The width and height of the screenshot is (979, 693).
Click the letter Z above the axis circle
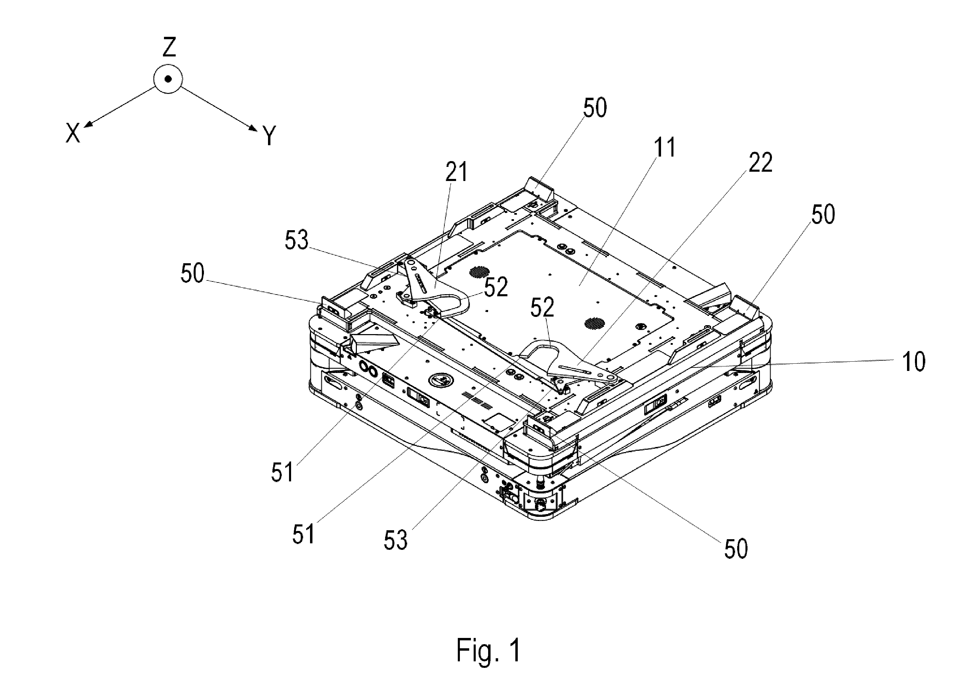click(169, 47)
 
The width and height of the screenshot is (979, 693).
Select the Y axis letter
click(269, 136)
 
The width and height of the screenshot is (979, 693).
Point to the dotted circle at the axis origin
click(168, 79)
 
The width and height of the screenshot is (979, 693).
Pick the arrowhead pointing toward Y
click(253, 128)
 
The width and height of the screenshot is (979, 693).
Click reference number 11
click(665, 147)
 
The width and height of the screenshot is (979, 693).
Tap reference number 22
click(760, 162)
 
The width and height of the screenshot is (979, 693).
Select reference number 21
click(456, 172)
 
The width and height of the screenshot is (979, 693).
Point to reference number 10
click(913, 361)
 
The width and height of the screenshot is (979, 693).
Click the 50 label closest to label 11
click(595, 108)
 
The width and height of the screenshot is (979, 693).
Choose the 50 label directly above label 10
click(823, 215)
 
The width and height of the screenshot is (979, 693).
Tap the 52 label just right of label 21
click(495, 287)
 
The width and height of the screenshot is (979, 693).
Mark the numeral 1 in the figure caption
click(516, 650)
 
